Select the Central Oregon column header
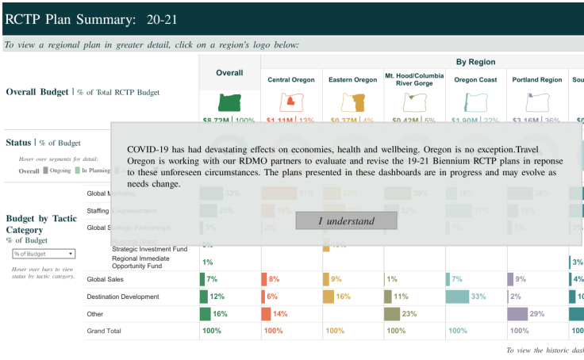[x=290, y=80]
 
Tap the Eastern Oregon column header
[x=352, y=80]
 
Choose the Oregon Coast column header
[x=475, y=80]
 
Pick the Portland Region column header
[x=537, y=80]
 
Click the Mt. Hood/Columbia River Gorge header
[x=413, y=80]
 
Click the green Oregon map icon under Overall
[x=229, y=102]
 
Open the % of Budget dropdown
[x=44, y=254]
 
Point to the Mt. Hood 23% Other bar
[x=392, y=314]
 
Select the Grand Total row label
[x=105, y=331]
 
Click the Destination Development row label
[x=123, y=297]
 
